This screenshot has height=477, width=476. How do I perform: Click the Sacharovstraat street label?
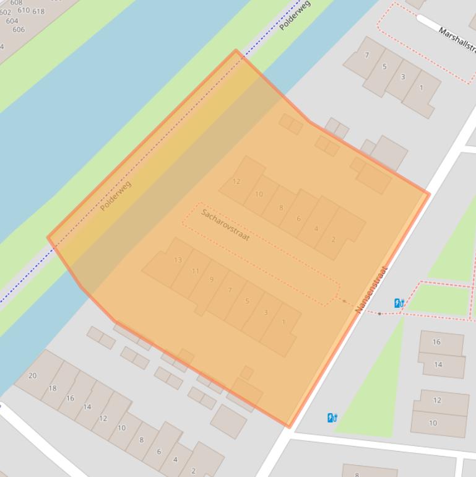[225, 225]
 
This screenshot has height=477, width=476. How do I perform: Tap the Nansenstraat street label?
[371, 289]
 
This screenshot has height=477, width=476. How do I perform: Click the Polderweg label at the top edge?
[295, 15]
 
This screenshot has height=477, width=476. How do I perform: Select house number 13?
[178, 260]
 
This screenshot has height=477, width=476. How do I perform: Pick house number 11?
[196, 271]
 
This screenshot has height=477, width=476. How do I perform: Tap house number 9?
[212, 279]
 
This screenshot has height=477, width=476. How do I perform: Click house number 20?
[32, 375]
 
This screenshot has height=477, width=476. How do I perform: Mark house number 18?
[52, 388]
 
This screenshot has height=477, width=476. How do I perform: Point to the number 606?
[19, 30]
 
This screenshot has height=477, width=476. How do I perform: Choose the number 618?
[38, 11]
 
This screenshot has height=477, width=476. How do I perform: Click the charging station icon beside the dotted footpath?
[399, 303]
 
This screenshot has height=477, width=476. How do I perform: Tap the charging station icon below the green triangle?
[332, 418]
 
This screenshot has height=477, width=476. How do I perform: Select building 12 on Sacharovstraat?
[236, 182]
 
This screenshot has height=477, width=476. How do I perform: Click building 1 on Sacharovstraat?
[283, 322]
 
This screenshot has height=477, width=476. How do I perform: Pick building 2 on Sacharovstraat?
[333, 239]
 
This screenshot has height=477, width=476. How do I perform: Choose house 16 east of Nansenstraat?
[436, 341]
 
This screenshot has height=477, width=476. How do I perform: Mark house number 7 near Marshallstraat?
[366, 55]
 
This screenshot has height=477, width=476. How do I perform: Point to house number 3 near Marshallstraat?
[403, 77]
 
